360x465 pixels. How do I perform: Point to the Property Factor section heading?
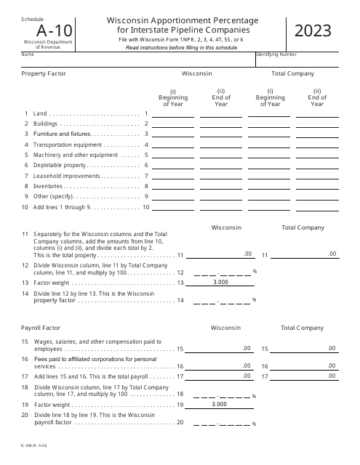[x=44, y=73]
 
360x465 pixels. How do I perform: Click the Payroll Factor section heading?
[x=43, y=328]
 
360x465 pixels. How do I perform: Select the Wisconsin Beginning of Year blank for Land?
[x=173, y=113]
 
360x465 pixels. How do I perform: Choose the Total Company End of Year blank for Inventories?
[x=317, y=185]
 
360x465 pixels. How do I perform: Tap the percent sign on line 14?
[x=255, y=300]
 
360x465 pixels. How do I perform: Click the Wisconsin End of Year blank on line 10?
[x=221, y=207]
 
